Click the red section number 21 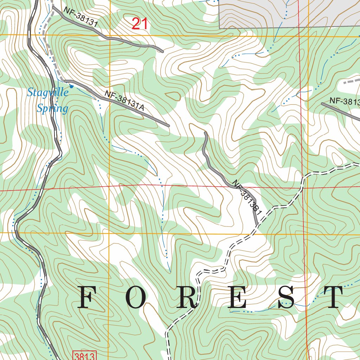click(x=140, y=24)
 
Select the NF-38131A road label click(x=124, y=101)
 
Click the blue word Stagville click(x=48, y=93)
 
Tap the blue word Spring click(x=52, y=109)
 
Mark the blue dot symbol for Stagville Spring click(x=71, y=86)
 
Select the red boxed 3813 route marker click(x=84, y=355)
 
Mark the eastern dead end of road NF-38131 click(x=162, y=51)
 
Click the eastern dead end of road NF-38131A click(x=168, y=126)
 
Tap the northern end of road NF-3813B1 click(x=205, y=133)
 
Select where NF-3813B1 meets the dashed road click(x=257, y=225)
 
